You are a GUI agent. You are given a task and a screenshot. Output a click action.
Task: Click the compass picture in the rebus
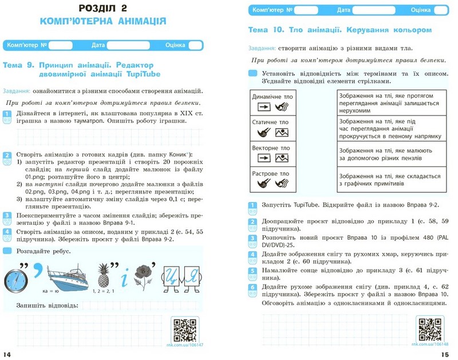pos(17,278)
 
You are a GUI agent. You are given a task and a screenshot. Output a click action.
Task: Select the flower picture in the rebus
pos(144,274)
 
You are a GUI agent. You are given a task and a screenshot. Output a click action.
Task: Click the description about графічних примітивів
pos(389,180)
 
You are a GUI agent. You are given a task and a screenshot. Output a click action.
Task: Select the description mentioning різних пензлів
pos(389,153)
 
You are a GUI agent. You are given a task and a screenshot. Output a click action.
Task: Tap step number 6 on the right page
pos(252,287)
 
